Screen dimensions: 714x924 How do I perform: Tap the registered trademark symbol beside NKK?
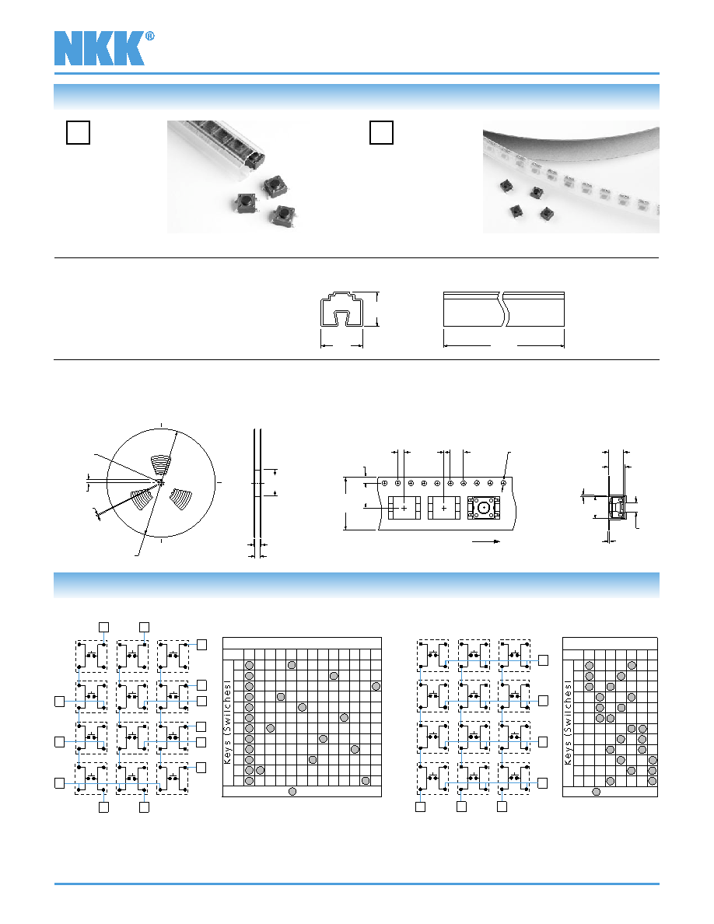click(x=149, y=36)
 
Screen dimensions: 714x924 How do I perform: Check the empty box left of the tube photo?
click(x=78, y=132)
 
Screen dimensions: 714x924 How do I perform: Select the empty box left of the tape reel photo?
click(x=381, y=132)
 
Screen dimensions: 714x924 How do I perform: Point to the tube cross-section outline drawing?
click(x=341, y=309)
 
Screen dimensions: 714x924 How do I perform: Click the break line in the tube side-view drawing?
click(x=504, y=309)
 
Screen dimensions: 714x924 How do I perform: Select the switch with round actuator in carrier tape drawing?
click(x=484, y=507)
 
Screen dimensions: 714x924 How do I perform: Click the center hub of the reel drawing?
click(x=160, y=483)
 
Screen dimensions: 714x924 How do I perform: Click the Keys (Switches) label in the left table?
click(x=227, y=723)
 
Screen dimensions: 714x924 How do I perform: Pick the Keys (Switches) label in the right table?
click(x=568, y=723)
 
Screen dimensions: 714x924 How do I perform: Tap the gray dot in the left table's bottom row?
click(x=292, y=792)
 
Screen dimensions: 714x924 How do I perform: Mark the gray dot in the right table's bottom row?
click(x=597, y=792)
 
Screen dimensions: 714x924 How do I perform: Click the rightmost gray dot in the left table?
click(x=376, y=686)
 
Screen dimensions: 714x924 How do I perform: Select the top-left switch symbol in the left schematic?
click(x=91, y=656)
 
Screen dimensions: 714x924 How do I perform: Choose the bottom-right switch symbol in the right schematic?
click(x=514, y=779)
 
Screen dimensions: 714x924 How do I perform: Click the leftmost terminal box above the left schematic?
click(x=103, y=627)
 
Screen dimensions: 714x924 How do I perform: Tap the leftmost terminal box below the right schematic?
click(x=420, y=807)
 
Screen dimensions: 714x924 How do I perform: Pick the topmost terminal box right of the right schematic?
click(x=543, y=660)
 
